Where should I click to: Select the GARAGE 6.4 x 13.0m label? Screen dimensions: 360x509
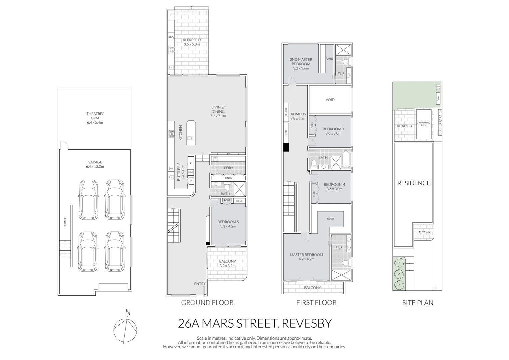[x=95, y=164]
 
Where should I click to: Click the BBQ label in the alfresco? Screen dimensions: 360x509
[x=171, y=38]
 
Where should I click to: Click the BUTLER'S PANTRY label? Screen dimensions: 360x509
[x=181, y=172]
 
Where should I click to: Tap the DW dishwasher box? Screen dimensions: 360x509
[x=171, y=169]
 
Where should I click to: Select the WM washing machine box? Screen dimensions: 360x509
[x=191, y=172]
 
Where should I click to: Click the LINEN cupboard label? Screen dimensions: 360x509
[x=228, y=178]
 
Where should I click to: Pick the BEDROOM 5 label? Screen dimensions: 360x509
[x=228, y=224]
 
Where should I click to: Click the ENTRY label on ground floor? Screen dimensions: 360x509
[x=200, y=284]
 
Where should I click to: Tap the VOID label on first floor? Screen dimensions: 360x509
[x=330, y=100]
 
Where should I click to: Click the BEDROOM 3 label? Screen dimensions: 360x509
[x=333, y=131]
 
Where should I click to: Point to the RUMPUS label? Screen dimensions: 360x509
[x=298, y=116]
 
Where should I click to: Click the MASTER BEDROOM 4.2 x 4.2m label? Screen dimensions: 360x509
[x=306, y=257]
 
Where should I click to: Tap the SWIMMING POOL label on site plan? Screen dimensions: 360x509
[x=424, y=124]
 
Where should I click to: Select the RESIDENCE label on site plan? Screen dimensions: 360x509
[x=413, y=183]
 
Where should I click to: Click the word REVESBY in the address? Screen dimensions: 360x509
[x=307, y=323]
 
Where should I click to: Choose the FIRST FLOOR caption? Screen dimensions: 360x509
[x=316, y=303]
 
